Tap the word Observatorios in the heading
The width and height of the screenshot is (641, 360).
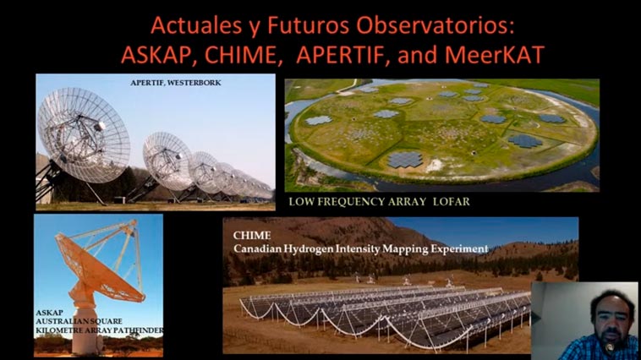434,25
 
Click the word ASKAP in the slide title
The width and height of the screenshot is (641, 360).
156,54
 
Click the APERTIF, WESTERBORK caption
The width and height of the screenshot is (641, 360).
176,83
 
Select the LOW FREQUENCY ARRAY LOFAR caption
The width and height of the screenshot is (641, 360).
380,201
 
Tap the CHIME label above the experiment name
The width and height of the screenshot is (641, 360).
252,236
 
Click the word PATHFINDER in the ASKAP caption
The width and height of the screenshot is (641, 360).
140,330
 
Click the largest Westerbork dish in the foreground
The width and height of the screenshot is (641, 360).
84,135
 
